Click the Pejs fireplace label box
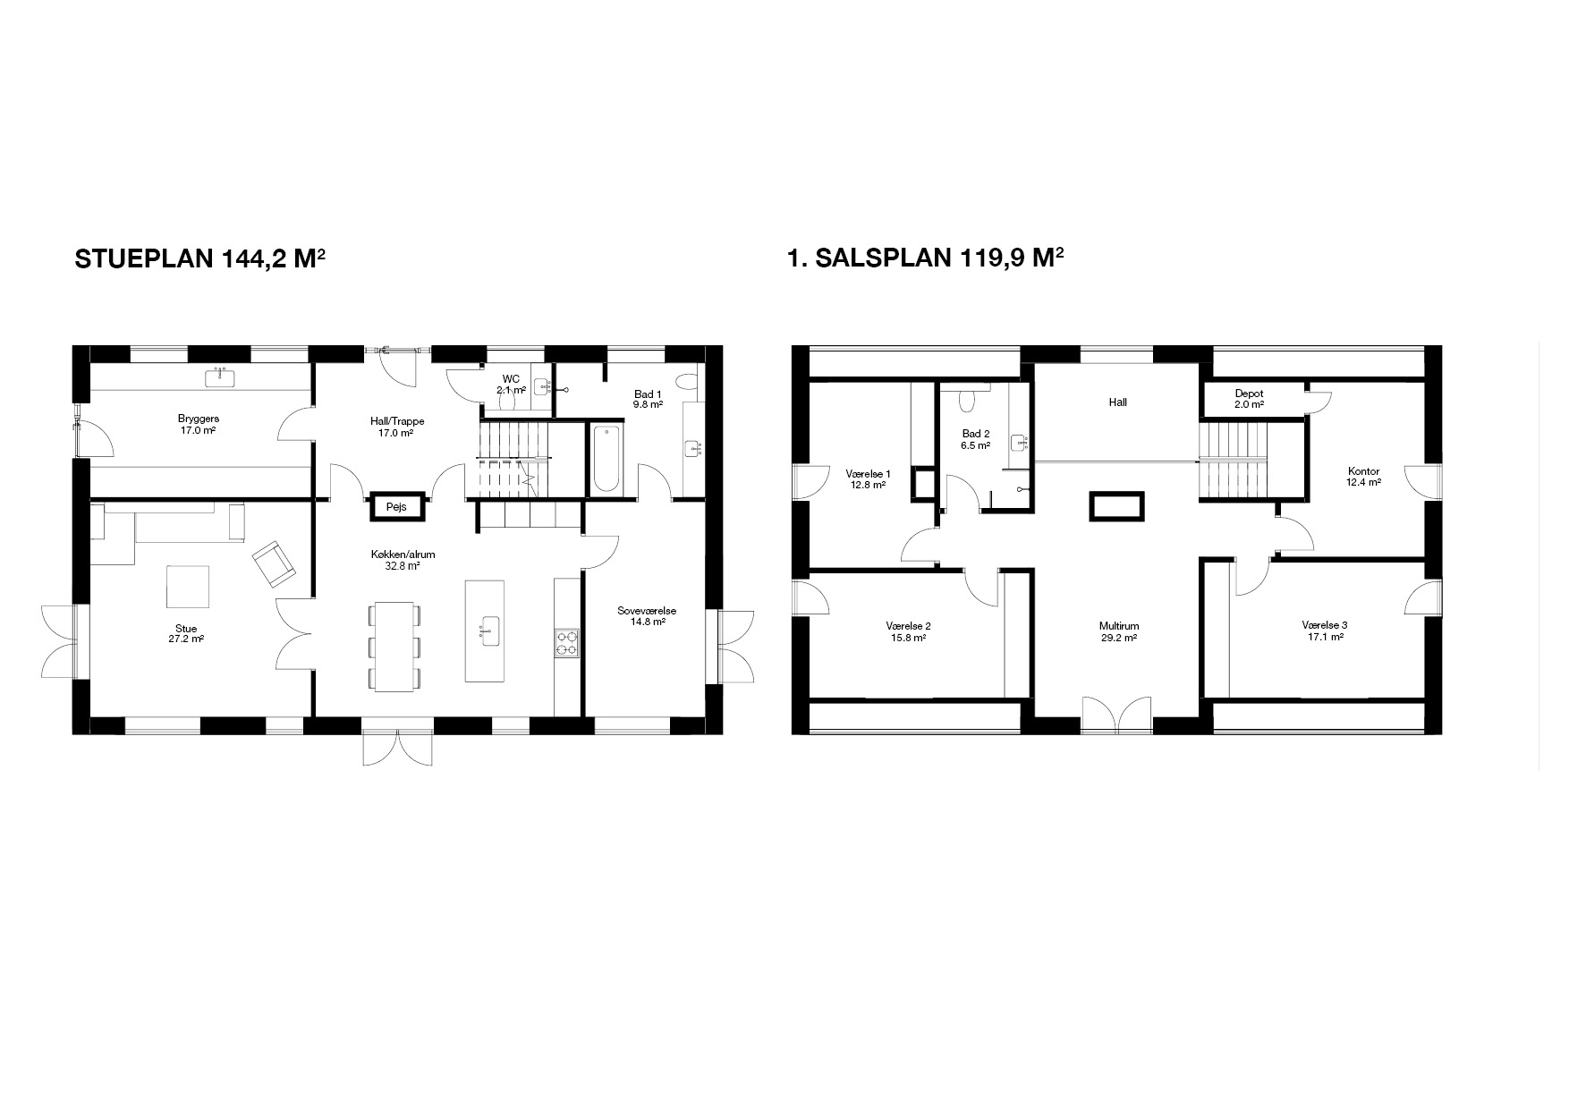396,506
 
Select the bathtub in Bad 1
606,460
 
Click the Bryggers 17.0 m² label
199,424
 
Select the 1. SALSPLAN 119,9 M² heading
925,258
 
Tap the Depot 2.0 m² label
1249,399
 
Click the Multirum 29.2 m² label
1119,632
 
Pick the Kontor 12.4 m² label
1363,477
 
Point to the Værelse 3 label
1325,625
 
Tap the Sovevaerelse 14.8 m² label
647,616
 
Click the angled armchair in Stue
274,564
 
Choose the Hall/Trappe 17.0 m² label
397,427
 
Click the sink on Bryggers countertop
220,378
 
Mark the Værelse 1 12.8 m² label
868,478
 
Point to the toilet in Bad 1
688,382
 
